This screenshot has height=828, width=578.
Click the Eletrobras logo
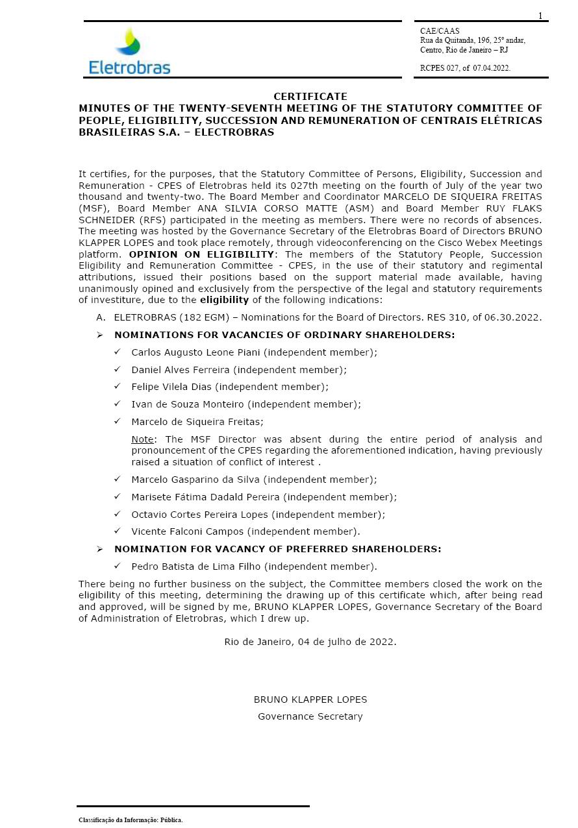coord(130,51)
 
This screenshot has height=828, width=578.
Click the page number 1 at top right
coord(540,16)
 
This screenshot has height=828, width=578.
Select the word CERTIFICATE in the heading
coord(310,96)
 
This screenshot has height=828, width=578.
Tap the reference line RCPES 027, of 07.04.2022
coord(465,68)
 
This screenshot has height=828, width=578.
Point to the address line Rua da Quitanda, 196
coord(472,40)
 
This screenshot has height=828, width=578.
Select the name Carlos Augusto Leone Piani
coord(195,352)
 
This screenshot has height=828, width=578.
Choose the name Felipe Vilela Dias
coord(171,387)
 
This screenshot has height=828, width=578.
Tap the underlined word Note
coord(142,439)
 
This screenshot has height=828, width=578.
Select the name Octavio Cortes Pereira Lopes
coord(199,515)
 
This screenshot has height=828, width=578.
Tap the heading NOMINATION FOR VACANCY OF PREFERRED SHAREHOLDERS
coord(277,549)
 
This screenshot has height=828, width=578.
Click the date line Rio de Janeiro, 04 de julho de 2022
coord(310,642)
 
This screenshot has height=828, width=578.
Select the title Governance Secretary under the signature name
coord(310,716)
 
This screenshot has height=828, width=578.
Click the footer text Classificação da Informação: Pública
coord(131,820)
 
